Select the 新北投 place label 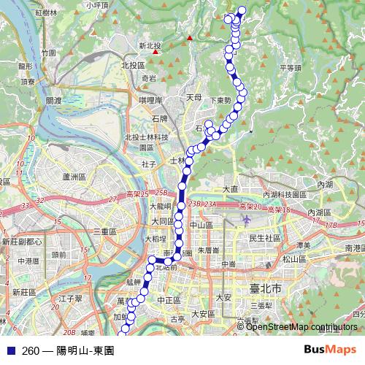pos(149,45)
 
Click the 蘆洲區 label pos(74,177)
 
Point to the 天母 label pos(193,96)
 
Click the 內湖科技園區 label pos(288,194)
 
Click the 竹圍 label pos(49,53)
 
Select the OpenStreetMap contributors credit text pos(302,327)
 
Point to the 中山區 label pos(201,226)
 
